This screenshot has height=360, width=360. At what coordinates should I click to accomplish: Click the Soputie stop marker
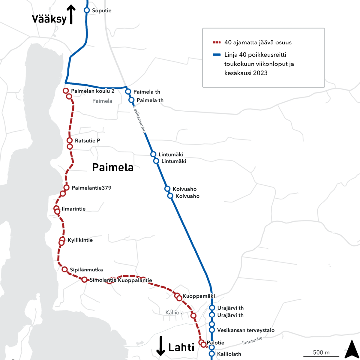pyautogui.click(x=87, y=10)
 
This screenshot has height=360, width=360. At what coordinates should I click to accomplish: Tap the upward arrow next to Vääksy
pyautogui.click(x=71, y=14)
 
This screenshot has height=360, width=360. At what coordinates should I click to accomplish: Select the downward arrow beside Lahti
pyautogui.click(x=161, y=346)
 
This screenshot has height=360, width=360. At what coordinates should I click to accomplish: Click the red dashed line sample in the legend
pyautogui.click(x=217, y=43)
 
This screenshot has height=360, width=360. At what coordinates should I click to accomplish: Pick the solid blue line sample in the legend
pyautogui.click(x=217, y=55)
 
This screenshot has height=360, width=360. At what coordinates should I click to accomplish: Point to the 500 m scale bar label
pyautogui.click(x=321, y=352)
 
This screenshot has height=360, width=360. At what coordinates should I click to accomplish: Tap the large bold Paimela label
pyautogui.click(x=112, y=167)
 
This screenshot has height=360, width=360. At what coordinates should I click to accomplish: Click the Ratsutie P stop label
pyautogui.click(x=87, y=141)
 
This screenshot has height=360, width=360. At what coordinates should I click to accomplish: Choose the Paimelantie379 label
pyautogui.click(x=91, y=188)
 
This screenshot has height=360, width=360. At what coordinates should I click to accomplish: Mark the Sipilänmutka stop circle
pyautogui.click(x=64, y=269)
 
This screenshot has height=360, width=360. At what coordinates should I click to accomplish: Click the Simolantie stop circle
pyautogui.click(x=85, y=280)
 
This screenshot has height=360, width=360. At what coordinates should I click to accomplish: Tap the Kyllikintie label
pyautogui.click(x=80, y=240)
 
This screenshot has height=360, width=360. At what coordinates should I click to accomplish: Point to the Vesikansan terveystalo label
pyautogui.click(x=246, y=330)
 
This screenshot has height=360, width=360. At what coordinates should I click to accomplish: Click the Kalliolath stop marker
pyautogui.click(x=212, y=354)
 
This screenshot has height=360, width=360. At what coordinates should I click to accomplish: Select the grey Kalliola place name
pyautogui.click(x=174, y=313)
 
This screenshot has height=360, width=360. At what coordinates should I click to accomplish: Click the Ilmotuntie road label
pyautogui.click(x=252, y=340)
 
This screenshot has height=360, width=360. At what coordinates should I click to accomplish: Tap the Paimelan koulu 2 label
pyautogui.click(x=93, y=91)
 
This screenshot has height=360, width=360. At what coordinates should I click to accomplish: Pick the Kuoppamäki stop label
pyautogui.click(x=199, y=296)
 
